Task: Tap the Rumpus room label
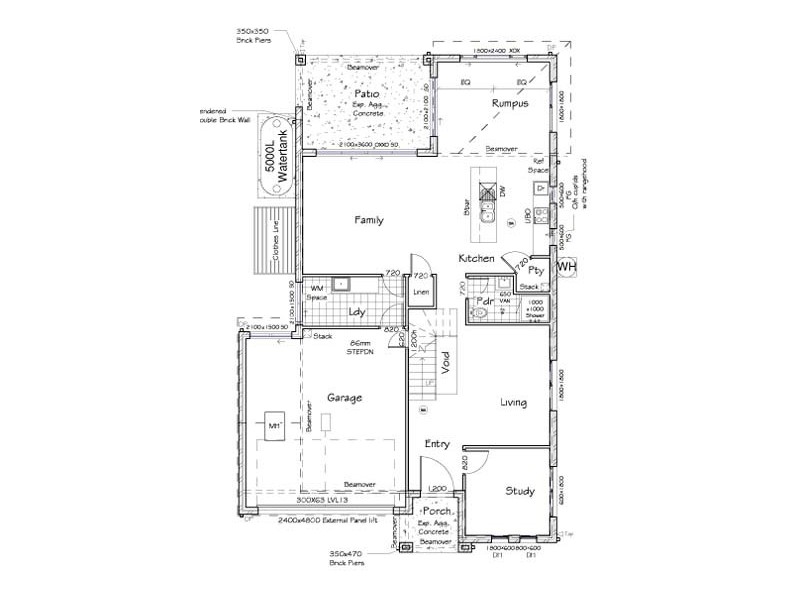(x=509, y=103)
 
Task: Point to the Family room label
(x=369, y=220)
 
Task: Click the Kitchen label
(x=476, y=259)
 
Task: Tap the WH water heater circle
(x=566, y=268)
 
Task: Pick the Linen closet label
(x=421, y=292)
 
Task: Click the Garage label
(x=343, y=397)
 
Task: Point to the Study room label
(x=519, y=491)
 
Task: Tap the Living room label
(x=513, y=403)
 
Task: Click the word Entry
(x=437, y=444)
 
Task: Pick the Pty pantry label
(x=535, y=270)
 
